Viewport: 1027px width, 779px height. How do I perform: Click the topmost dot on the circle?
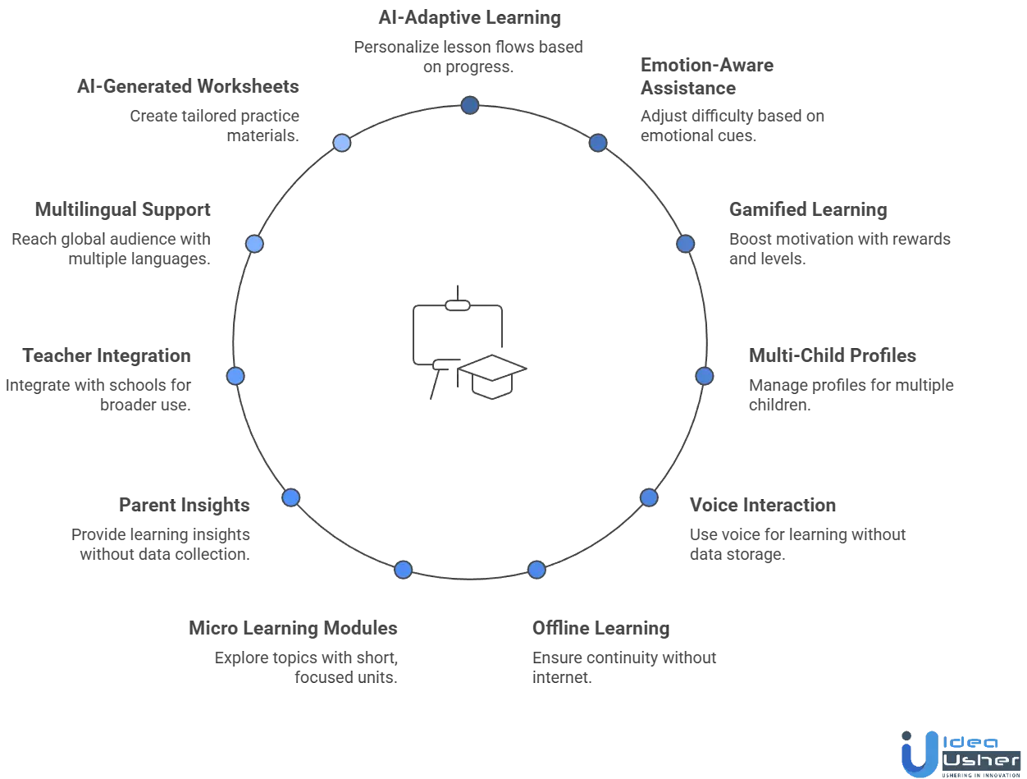tap(470, 105)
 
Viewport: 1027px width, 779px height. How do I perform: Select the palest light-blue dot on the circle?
tap(342, 143)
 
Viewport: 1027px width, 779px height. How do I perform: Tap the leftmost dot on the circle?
tap(235, 376)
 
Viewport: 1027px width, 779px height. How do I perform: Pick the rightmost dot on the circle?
tap(705, 376)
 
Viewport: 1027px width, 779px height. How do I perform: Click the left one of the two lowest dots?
tap(404, 570)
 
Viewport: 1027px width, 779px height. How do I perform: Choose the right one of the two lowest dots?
tap(536, 570)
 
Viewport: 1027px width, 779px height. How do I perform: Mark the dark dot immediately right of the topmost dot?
tap(599, 143)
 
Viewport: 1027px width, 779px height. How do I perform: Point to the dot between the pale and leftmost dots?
tap(254, 244)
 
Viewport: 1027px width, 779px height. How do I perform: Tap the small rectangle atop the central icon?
tap(456, 305)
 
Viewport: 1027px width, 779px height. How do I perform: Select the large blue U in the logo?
tap(916, 753)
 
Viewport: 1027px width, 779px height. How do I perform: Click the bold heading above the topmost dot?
tap(470, 17)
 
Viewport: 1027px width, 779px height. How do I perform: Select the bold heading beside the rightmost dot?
tap(833, 358)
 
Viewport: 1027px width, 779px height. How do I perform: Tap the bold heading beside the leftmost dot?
tap(107, 358)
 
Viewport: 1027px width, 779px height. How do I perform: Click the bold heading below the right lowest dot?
tap(600, 630)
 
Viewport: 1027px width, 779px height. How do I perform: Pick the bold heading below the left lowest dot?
tap(292, 630)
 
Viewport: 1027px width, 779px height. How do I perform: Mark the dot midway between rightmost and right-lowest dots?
tap(649, 497)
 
